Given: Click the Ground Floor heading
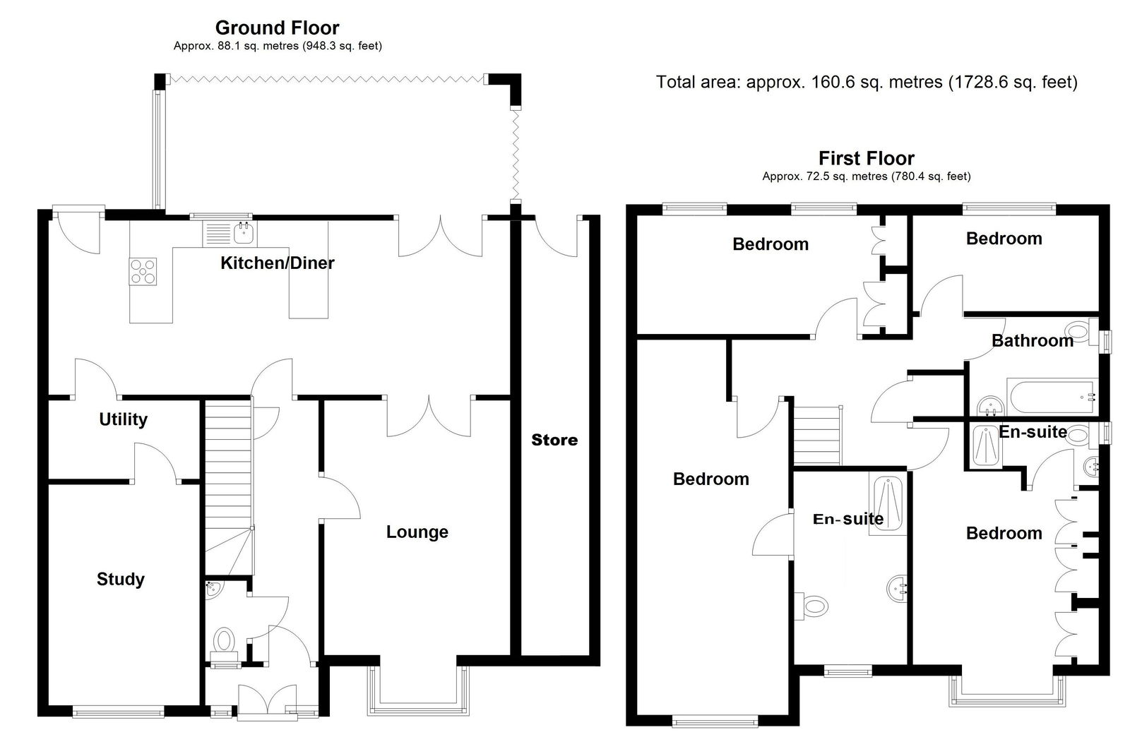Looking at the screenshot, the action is (x=277, y=28).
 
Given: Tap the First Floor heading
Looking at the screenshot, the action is (x=866, y=158).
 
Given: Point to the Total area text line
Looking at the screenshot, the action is (x=867, y=82).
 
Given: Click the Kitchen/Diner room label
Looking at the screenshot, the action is (x=278, y=263).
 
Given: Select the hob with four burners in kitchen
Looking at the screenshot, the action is (x=143, y=271).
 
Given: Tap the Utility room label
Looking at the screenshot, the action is (x=123, y=419).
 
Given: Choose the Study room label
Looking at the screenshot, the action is (x=121, y=579).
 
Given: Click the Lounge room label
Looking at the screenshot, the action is (x=417, y=532).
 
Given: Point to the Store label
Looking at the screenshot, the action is (x=554, y=440).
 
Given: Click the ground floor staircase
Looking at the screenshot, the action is (x=228, y=486).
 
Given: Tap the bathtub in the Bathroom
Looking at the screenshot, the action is (x=1052, y=397).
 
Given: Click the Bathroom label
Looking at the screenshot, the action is (x=1032, y=340).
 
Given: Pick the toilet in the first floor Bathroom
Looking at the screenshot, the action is (x=1081, y=331).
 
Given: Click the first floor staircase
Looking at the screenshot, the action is (x=818, y=436).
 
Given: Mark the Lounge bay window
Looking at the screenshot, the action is (x=418, y=690).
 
